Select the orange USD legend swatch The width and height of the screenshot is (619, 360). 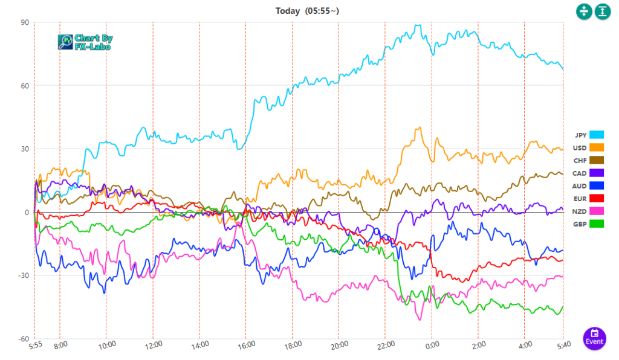(x=597, y=147)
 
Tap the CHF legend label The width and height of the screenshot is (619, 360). (x=580, y=161)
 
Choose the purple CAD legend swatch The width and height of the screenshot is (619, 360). (x=597, y=173)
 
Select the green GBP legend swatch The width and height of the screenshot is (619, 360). (x=597, y=224)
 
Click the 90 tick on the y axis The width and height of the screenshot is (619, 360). (x=25, y=22)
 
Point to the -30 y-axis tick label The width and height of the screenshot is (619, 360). (x=23, y=275)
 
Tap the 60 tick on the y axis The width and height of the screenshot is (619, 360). (x=25, y=86)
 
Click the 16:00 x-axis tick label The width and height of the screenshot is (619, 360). (x=247, y=345)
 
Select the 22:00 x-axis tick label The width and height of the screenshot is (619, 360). (x=386, y=345)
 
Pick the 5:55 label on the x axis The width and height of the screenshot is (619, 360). (x=35, y=345)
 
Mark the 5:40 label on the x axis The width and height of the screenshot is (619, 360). (x=562, y=345)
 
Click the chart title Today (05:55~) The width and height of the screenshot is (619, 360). (x=309, y=10)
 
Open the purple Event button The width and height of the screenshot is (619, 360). (x=595, y=337)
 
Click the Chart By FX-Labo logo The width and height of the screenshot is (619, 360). (x=85, y=42)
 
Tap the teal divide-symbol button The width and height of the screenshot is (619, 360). (x=583, y=11)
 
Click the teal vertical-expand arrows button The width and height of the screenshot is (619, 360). (x=603, y=11)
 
